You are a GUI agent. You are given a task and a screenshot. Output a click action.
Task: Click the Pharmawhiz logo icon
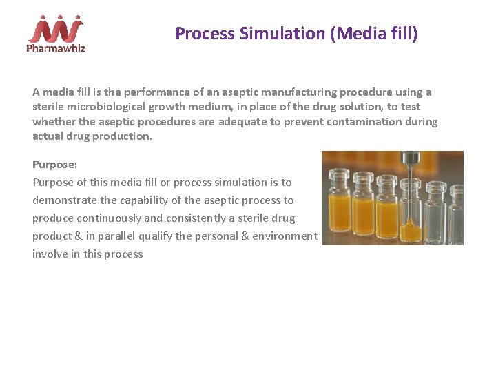[x=55, y=28]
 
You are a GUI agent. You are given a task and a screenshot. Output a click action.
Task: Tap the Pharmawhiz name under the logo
[x=55, y=48]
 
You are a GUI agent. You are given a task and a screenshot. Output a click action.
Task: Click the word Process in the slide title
[x=201, y=33]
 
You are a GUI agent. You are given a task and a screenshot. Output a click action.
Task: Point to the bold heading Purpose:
[x=55, y=165]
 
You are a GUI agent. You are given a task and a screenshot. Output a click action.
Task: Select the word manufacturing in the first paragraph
[x=287, y=92]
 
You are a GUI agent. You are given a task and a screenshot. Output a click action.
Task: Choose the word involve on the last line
[x=50, y=254]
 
